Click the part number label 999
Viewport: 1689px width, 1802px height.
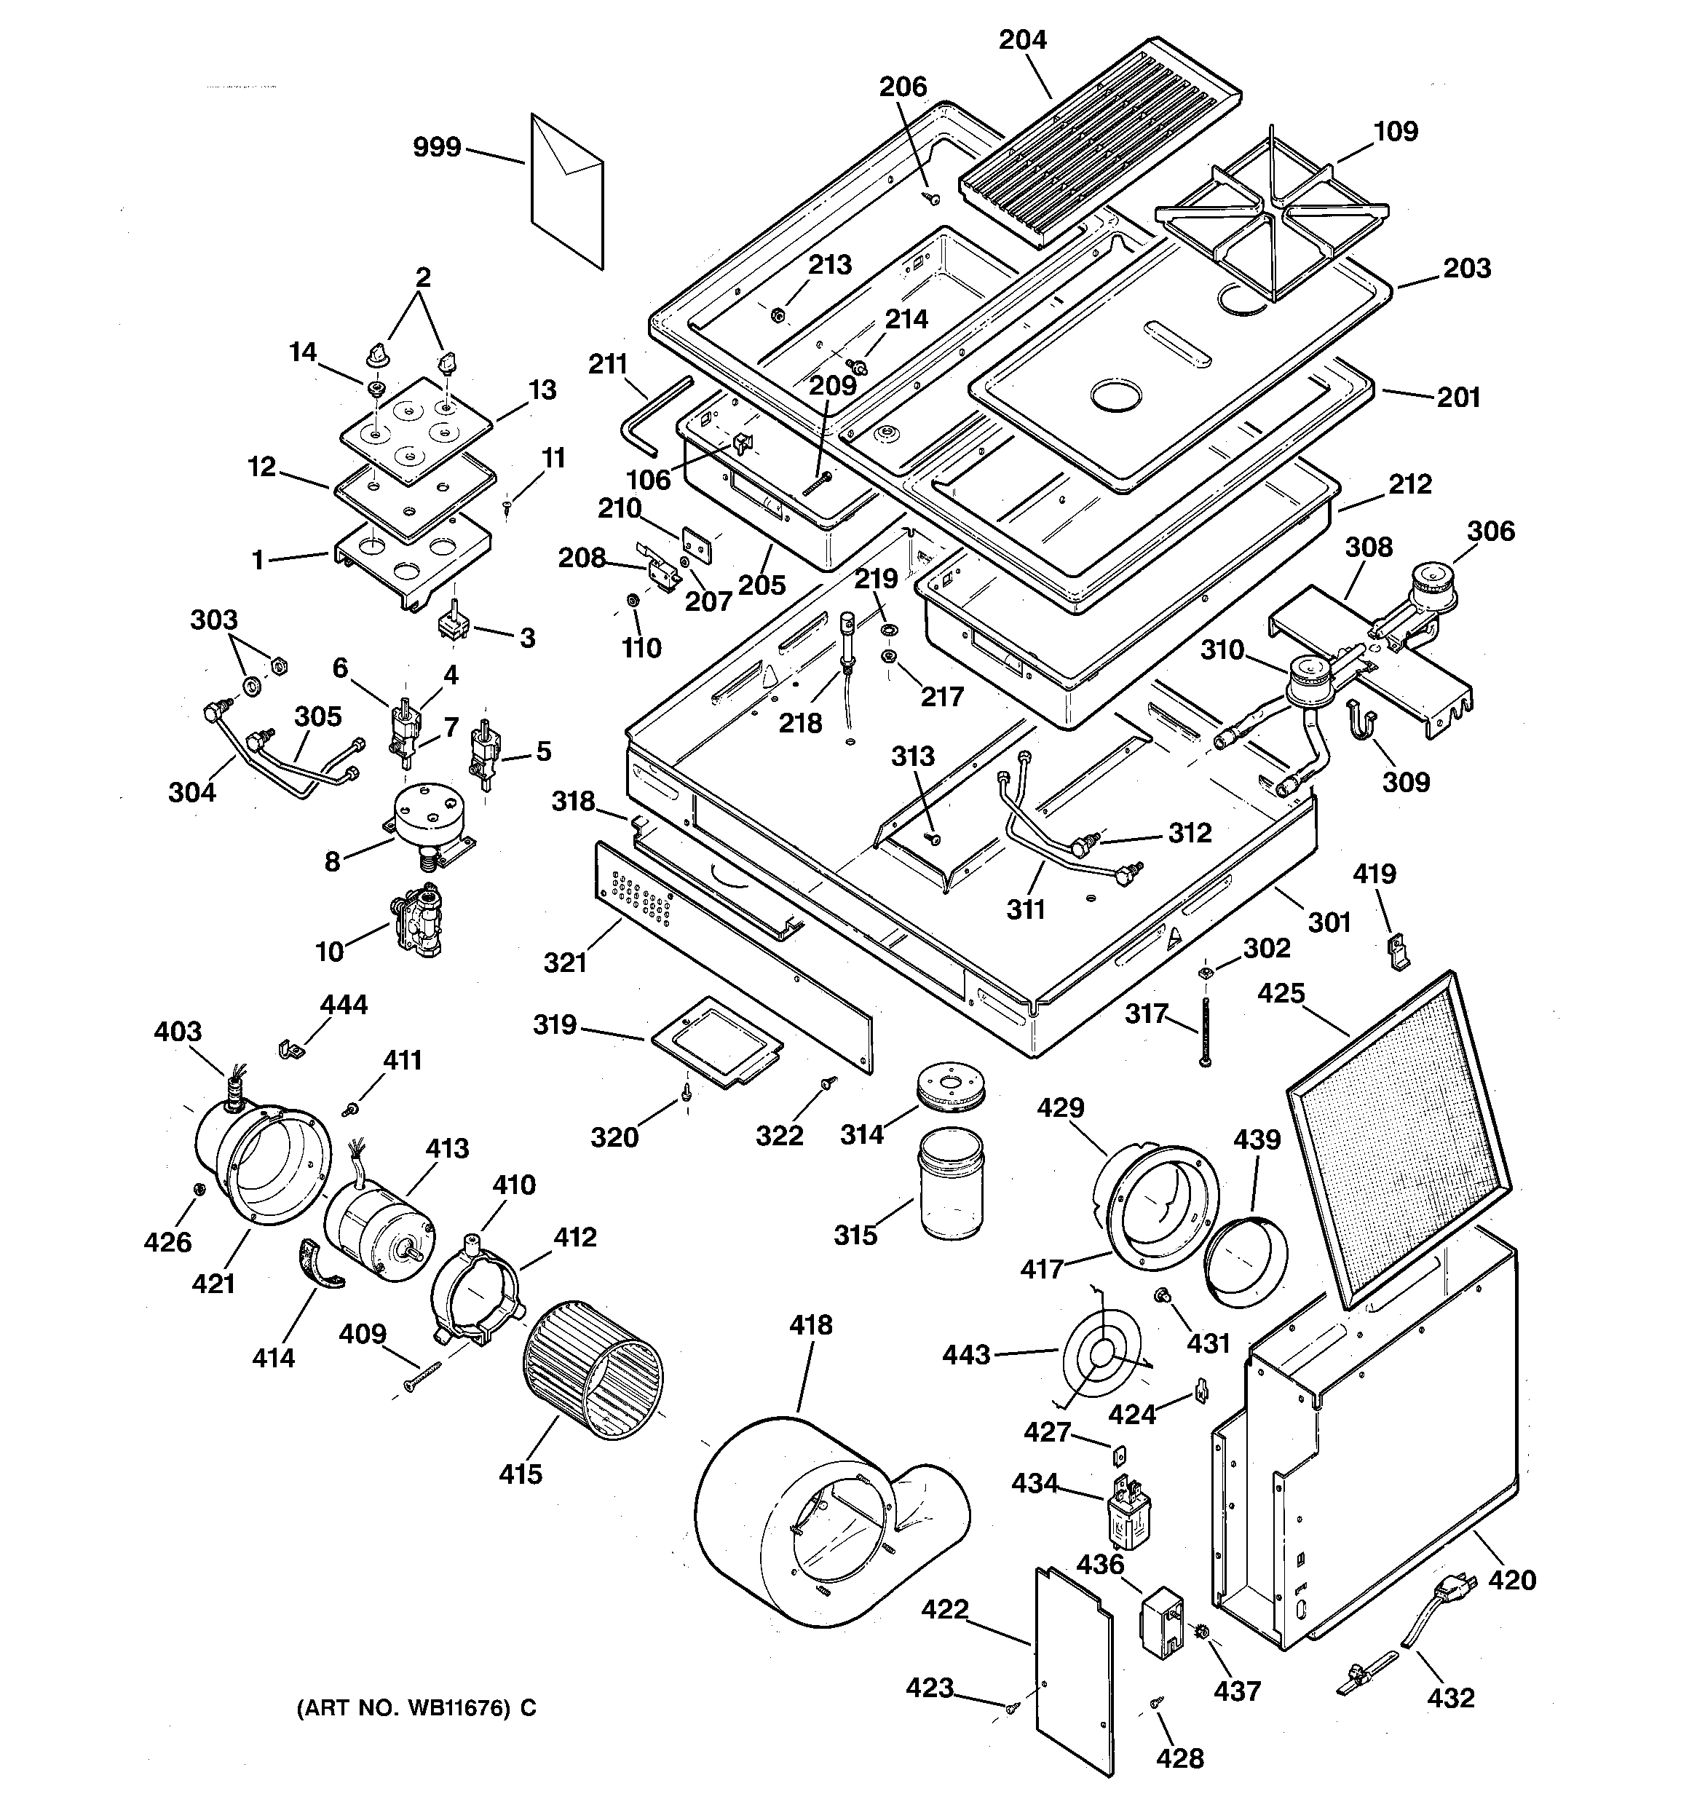(437, 147)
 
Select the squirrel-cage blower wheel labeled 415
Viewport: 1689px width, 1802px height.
(593, 1370)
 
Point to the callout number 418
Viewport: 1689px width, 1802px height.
(810, 1324)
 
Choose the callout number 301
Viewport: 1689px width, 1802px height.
(1329, 922)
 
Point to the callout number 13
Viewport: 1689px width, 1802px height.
(542, 390)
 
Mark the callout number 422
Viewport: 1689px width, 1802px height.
(945, 1609)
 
